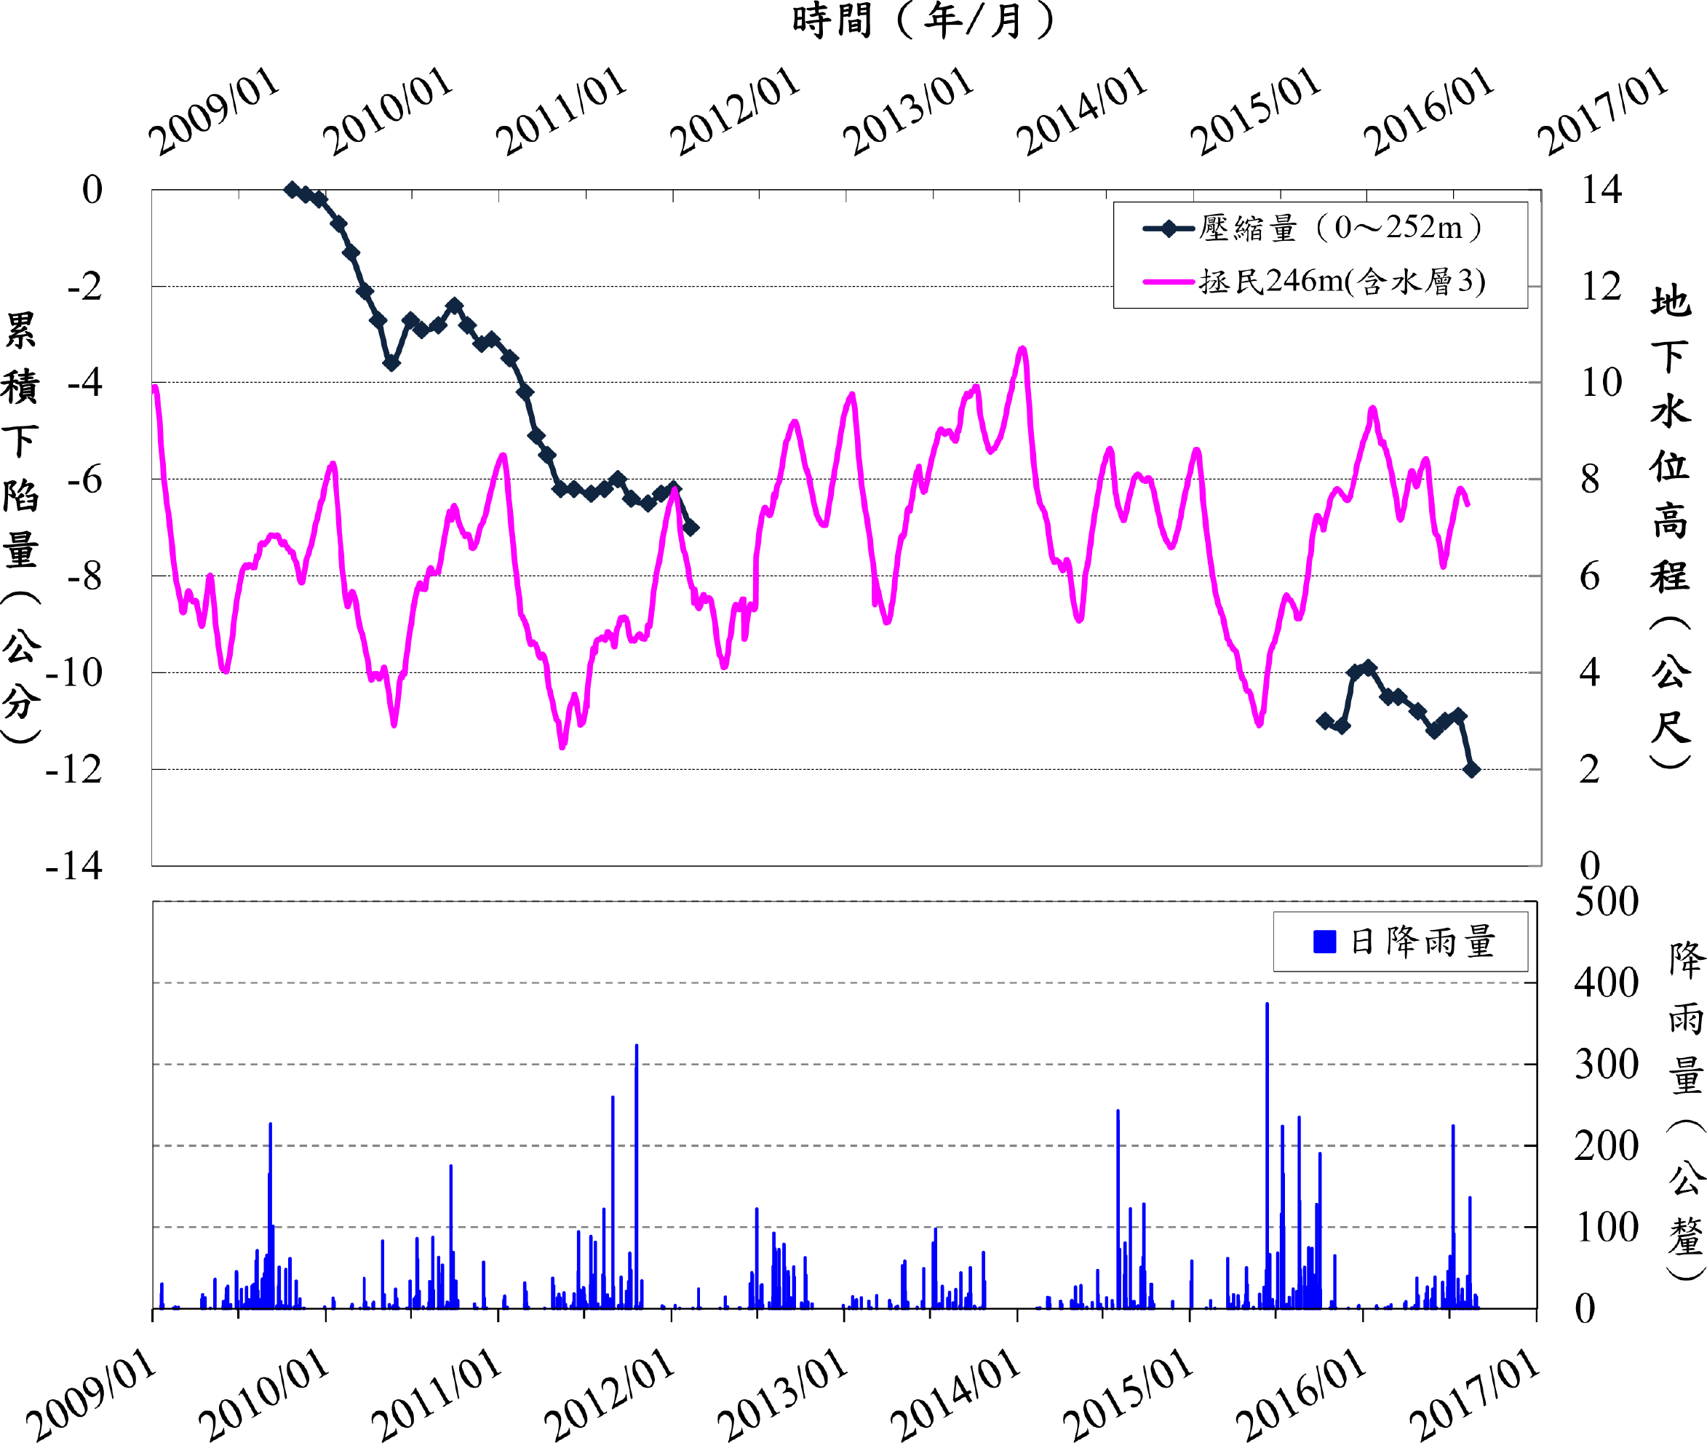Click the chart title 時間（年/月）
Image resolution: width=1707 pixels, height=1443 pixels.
click(x=923, y=20)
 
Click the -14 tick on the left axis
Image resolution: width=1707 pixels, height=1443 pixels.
click(x=73, y=865)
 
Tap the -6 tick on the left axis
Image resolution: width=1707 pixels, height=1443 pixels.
click(x=84, y=480)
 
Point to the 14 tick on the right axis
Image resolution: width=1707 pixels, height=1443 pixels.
click(x=1601, y=190)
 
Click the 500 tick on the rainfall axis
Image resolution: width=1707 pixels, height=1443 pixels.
click(x=1607, y=902)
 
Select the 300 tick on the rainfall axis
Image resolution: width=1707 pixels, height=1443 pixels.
click(x=1607, y=1065)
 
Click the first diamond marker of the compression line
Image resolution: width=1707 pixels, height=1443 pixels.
click(x=292, y=190)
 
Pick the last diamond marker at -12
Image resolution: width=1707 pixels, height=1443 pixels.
click(x=1471, y=769)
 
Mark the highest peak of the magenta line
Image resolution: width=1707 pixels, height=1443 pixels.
click(x=1022, y=349)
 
